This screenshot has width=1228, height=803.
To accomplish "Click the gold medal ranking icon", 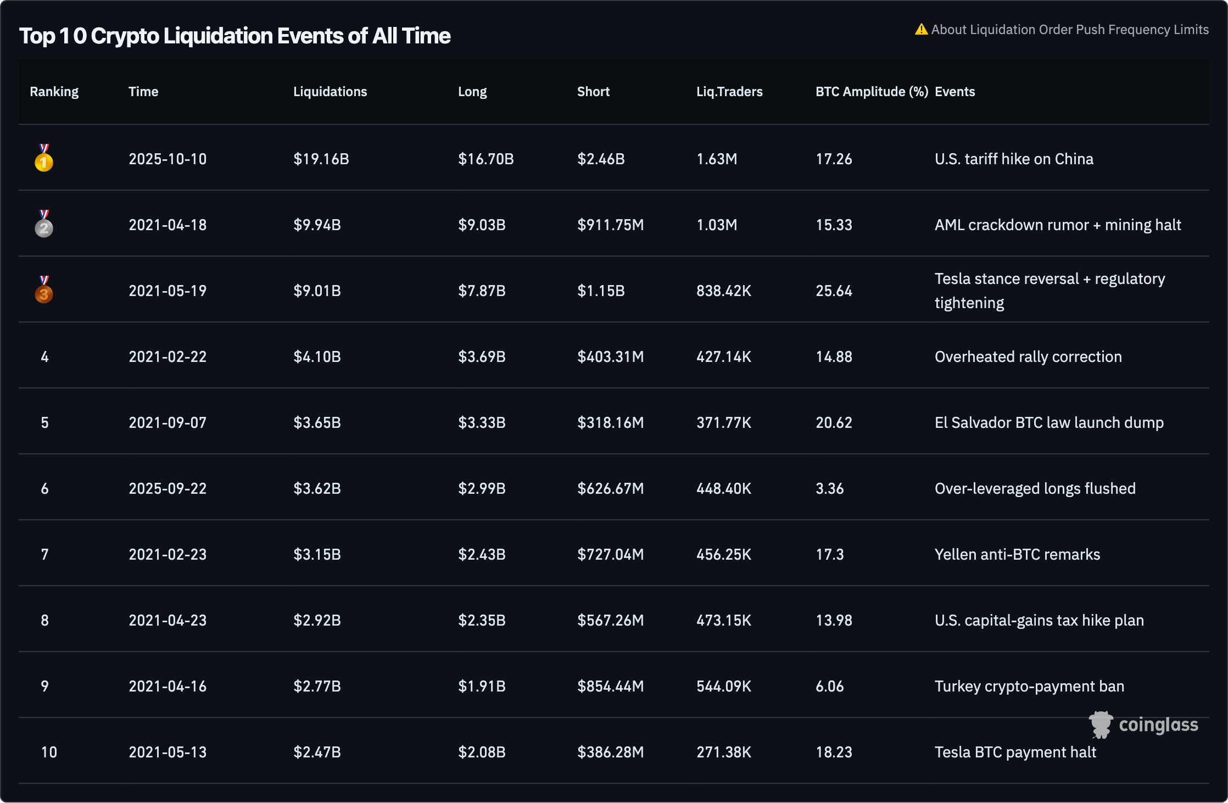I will coord(44,159).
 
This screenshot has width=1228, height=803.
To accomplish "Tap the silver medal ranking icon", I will coord(44,225).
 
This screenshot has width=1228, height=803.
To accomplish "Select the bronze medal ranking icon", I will coord(44,291).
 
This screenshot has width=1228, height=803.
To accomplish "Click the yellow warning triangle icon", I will coord(921,30).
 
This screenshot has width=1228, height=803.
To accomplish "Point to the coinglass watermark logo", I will coord(1143,725).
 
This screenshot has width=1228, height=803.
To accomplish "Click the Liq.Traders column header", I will coord(729,92).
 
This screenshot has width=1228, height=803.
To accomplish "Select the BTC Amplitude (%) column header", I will coord(872,92).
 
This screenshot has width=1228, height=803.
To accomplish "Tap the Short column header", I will coord(593,92).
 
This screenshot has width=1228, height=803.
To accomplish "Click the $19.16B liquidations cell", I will coord(321,159).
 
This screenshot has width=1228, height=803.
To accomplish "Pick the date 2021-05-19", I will coord(168,291).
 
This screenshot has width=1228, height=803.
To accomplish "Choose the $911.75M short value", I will coord(610,225).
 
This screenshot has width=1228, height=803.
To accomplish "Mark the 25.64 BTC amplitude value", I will coord(834,291).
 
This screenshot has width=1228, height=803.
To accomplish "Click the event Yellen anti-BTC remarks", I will coord(1017,555).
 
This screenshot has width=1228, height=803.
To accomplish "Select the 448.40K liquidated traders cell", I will coord(723,489).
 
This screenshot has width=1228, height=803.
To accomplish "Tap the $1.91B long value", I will coord(482,687).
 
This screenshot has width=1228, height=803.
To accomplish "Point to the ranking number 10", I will coord(49,752).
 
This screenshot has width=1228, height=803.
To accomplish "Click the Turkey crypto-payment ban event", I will coord(1029,687).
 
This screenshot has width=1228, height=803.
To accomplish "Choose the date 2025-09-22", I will coord(168,489).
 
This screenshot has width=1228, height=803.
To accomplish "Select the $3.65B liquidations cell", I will coord(317,423).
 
